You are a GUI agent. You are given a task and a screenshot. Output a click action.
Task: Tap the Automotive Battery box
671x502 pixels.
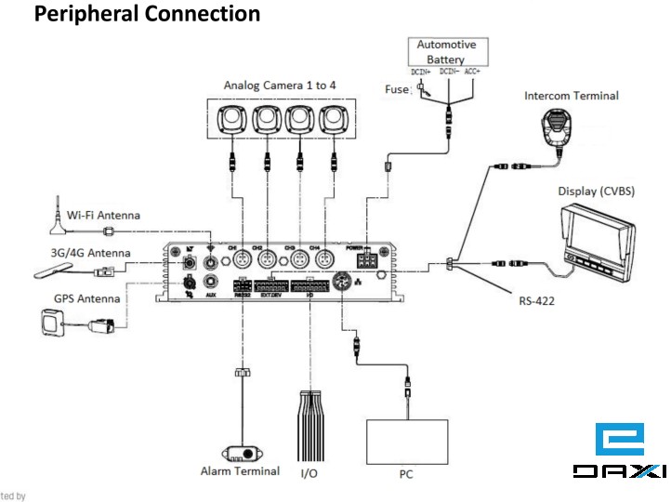coord(445,52)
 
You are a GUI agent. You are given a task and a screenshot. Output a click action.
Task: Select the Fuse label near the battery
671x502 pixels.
coord(397,89)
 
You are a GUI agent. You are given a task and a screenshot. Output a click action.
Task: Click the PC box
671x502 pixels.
coord(406,441)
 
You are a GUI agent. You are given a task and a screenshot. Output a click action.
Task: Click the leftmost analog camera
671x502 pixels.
coord(230,118)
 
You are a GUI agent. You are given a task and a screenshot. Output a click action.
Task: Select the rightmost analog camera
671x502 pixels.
coord(333,118)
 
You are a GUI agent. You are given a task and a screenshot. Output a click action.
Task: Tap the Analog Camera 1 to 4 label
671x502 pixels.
coord(280,85)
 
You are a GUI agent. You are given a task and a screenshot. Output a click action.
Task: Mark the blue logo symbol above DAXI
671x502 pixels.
coord(619,439)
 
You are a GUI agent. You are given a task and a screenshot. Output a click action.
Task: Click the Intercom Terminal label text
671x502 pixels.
coord(571,95)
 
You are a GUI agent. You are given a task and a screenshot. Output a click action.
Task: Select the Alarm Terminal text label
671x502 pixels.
coord(240,471)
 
